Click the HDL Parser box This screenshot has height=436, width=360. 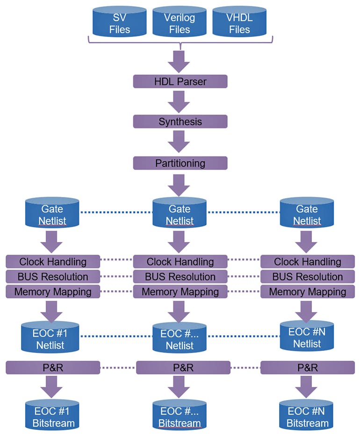[x=180, y=81]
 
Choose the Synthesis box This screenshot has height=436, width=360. [x=180, y=122]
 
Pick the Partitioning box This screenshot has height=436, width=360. [x=180, y=163]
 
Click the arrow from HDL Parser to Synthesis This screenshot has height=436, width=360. [x=180, y=101]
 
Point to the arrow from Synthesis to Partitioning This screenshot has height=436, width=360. [x=180, y=142]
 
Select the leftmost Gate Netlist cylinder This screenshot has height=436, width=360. [x=53, y=214]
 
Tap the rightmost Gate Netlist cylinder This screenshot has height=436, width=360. [x=307, y=214]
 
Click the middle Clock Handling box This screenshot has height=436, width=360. [x=180, y=262]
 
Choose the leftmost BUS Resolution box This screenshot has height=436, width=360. [x=53, y=277]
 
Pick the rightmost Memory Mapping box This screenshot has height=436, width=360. [x=307, y=292]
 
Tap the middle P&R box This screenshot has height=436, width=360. [x=180, y=368]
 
